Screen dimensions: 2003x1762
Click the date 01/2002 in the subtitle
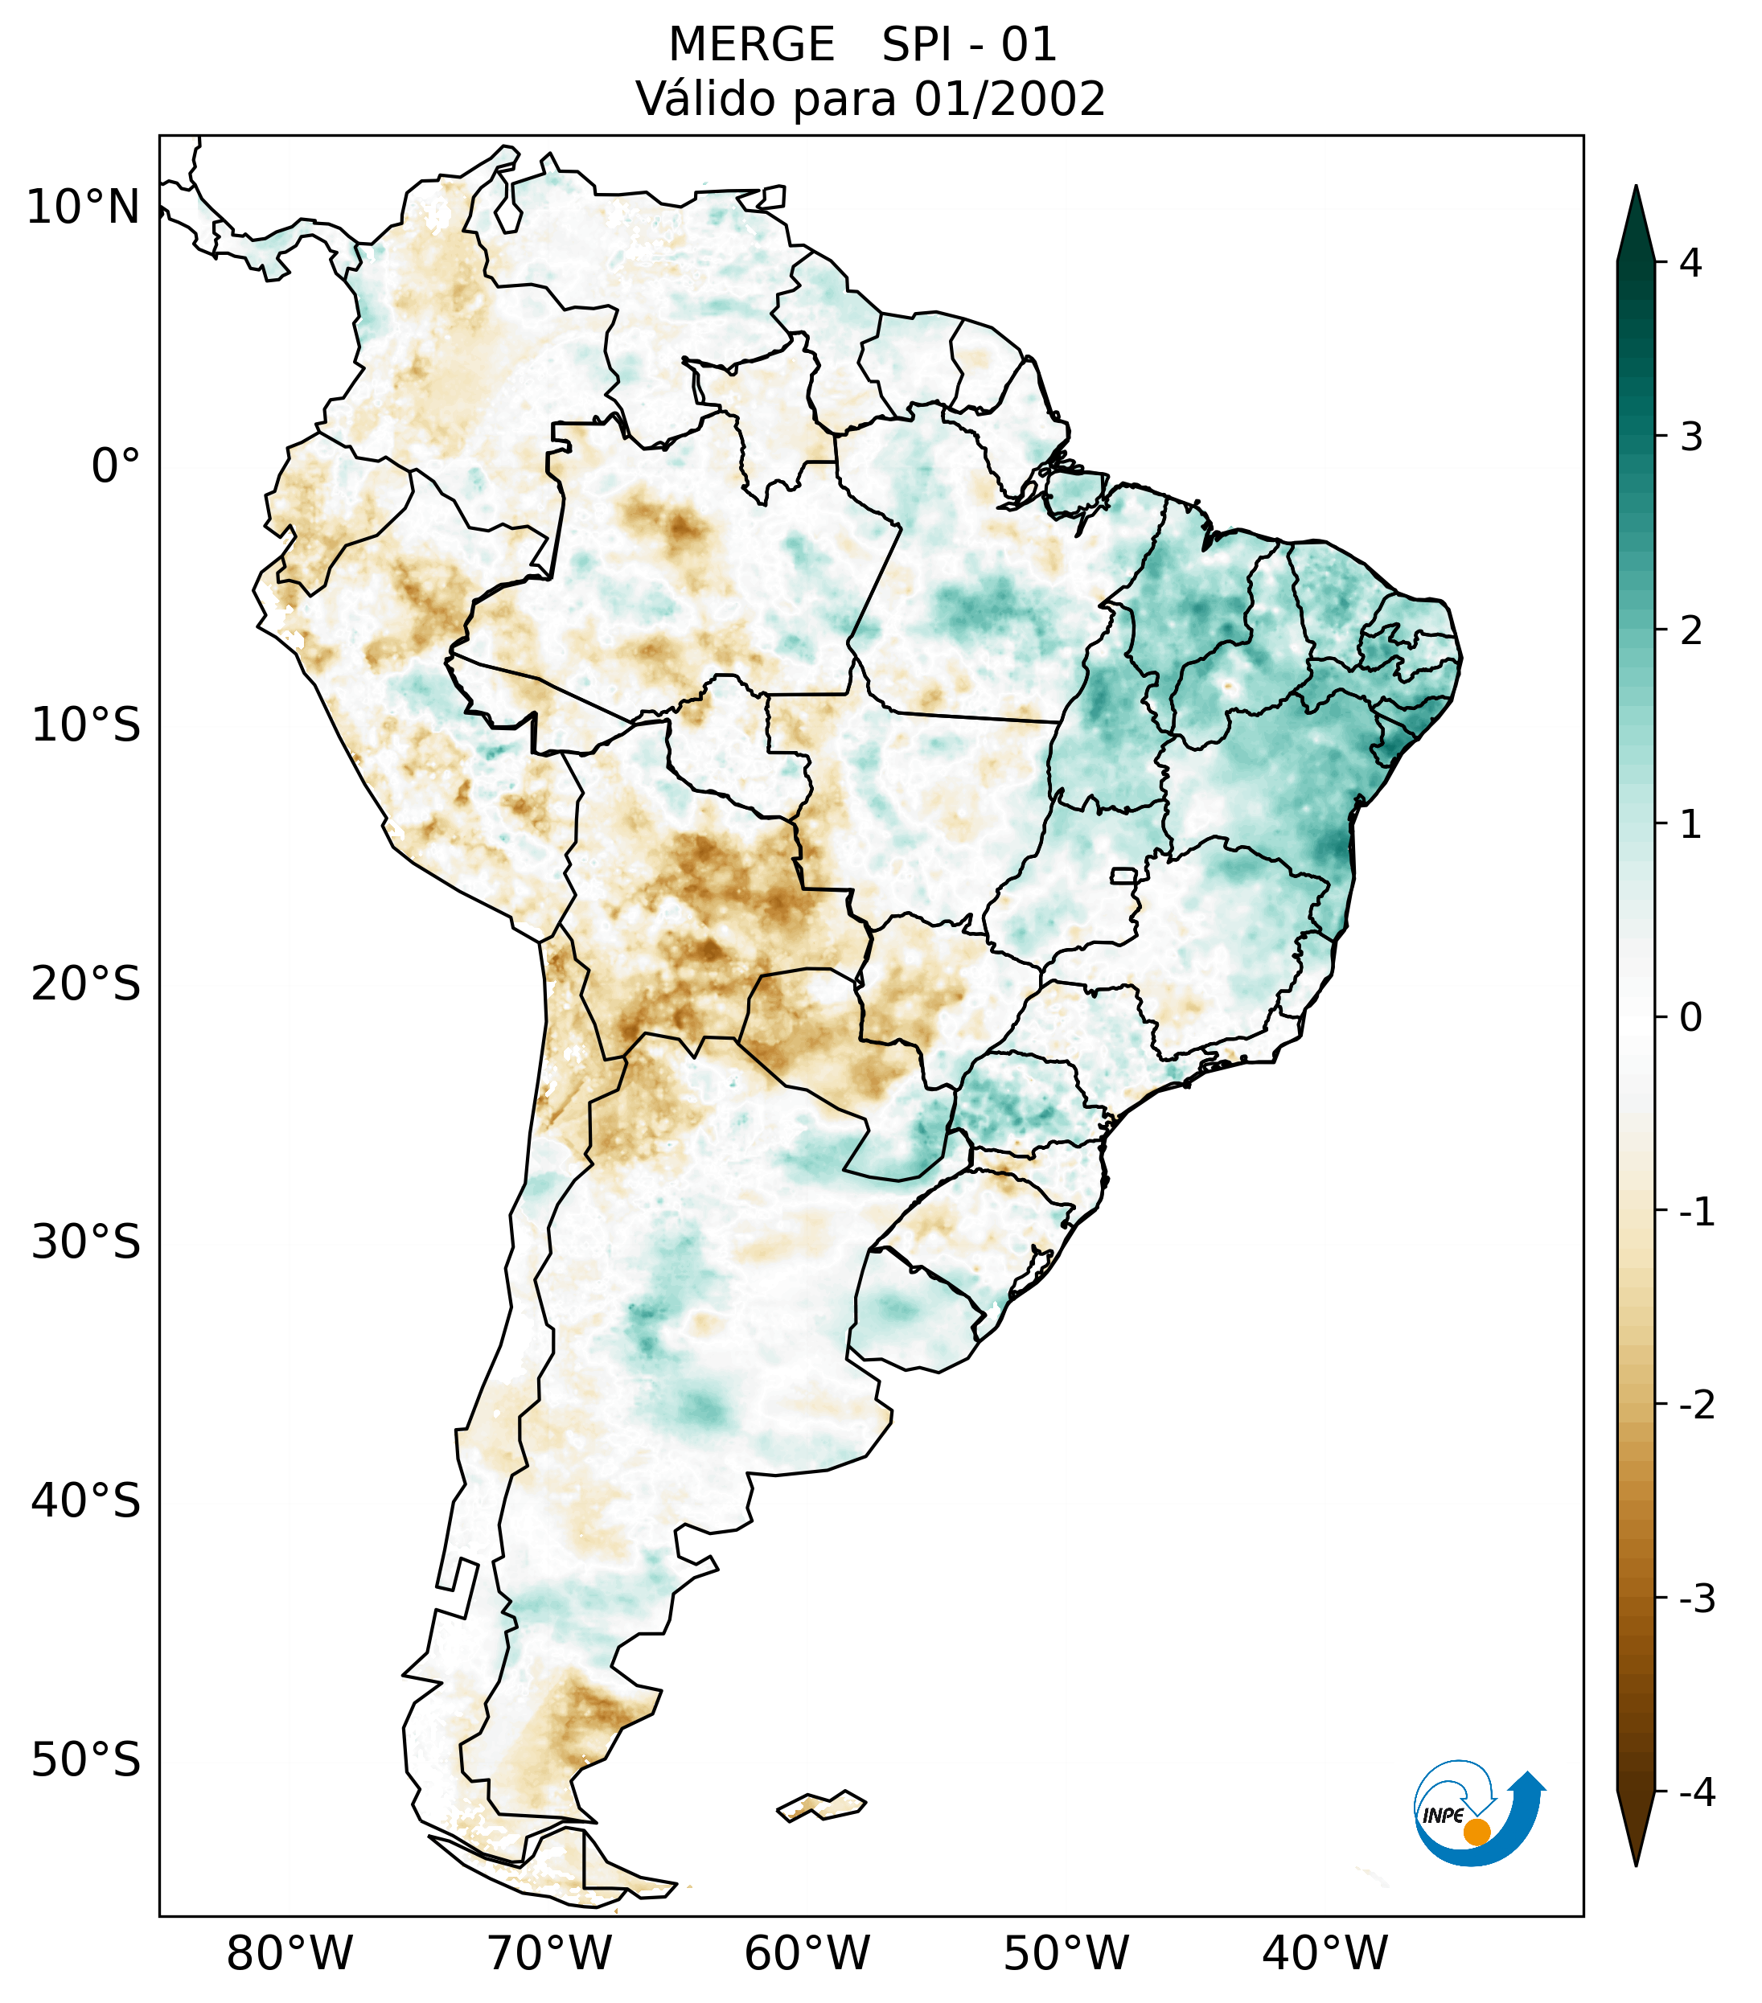pyautogui.click(x=1009, y=99)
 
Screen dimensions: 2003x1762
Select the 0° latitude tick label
pyautogui.click(x=116, y=466)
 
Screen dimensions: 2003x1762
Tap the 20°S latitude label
pyautogui.click(x=86, y=984)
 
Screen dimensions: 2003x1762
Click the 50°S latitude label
pyautogui.click(x=86, y=1761)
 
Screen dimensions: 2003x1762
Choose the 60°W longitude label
pyautogui.click(x=807, y=1953)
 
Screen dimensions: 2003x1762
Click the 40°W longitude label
pyautogui.click(x=1325, y=1953)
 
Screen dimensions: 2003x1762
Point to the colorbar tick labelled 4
pyautogui.click(x=1690, y=263)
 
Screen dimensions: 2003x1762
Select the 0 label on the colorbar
pyautogui.click(x=1690, y=1018)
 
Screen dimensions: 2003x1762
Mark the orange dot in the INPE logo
pyautogui.click(x=1477, y=1831)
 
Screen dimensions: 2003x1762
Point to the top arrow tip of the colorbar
pyautogui.click(x=1636, y=188)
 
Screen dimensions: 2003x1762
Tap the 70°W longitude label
pyautogui.click(x=548, y=1953)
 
